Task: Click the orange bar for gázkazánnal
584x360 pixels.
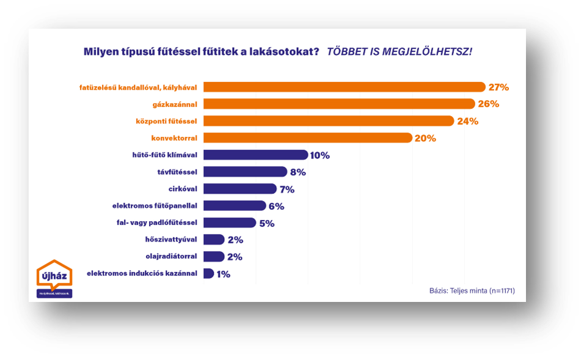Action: [x=339, y=104]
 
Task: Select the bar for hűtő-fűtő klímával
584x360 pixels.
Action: [x=255, y=155]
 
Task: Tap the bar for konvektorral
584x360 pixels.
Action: [x=308, y=138]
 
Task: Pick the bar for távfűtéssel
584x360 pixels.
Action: [x=245, y=172]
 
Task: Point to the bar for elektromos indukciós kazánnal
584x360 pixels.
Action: [x=208, y=274]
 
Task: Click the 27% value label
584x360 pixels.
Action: [x=498, y=87]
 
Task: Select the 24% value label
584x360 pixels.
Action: [x=467, y=121]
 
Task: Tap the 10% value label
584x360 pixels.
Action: [x=319, y=155]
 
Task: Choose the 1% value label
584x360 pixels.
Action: [x=223, y=274]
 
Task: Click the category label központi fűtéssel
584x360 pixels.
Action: [x=166, y=121]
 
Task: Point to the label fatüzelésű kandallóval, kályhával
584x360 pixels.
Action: [x=138, y=87]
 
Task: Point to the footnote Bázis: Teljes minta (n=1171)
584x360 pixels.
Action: [x=472, y=291]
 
